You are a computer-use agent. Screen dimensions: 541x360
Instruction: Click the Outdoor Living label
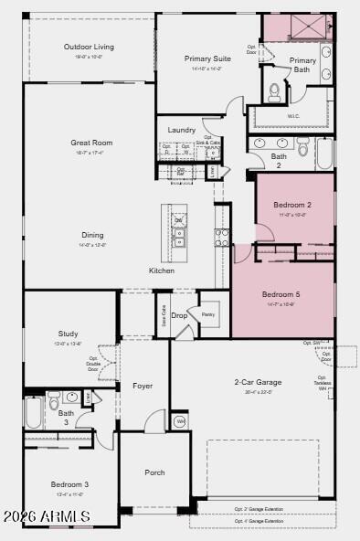click(89, 47)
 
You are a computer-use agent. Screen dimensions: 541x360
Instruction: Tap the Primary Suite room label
click(207, 58)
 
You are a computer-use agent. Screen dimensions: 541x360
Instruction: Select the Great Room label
click(91, 143)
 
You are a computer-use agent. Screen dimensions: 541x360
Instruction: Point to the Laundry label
click(182, 130)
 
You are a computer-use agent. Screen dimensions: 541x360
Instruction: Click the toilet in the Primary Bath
click(275, 91)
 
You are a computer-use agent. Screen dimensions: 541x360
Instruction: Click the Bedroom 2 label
click(283, 205)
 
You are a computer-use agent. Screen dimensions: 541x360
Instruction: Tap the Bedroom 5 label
click(280, 294)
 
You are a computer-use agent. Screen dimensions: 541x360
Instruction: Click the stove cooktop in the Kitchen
click(221, 239)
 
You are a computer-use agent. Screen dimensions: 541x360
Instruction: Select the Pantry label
click(208, 313)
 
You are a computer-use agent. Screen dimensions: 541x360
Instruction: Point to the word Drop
click(179, 315)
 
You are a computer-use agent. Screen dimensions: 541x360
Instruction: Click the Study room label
click(69, 334)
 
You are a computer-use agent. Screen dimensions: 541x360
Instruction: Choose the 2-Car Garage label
click(258, 382)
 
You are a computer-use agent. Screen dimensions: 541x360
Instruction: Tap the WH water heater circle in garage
click(180, 421)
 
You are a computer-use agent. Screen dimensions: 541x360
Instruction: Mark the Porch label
click(155, 472)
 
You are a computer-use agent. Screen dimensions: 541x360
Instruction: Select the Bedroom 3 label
click(69, 483)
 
